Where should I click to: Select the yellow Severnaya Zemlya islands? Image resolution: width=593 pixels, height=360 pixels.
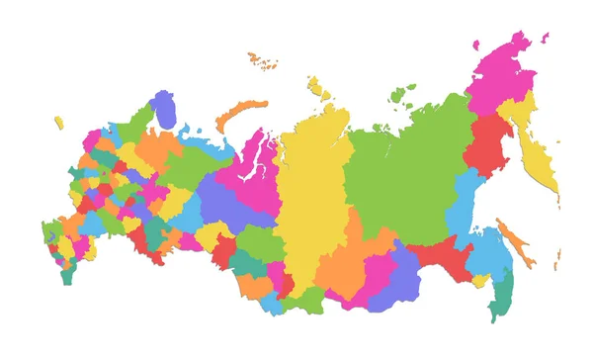pyautogui.click(x=317, y=89)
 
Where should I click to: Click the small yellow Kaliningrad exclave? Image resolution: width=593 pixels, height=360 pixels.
pyautogui.click(x=59, y=123)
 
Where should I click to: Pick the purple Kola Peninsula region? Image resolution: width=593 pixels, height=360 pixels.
pyautogui.click(x=163, y=109)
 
